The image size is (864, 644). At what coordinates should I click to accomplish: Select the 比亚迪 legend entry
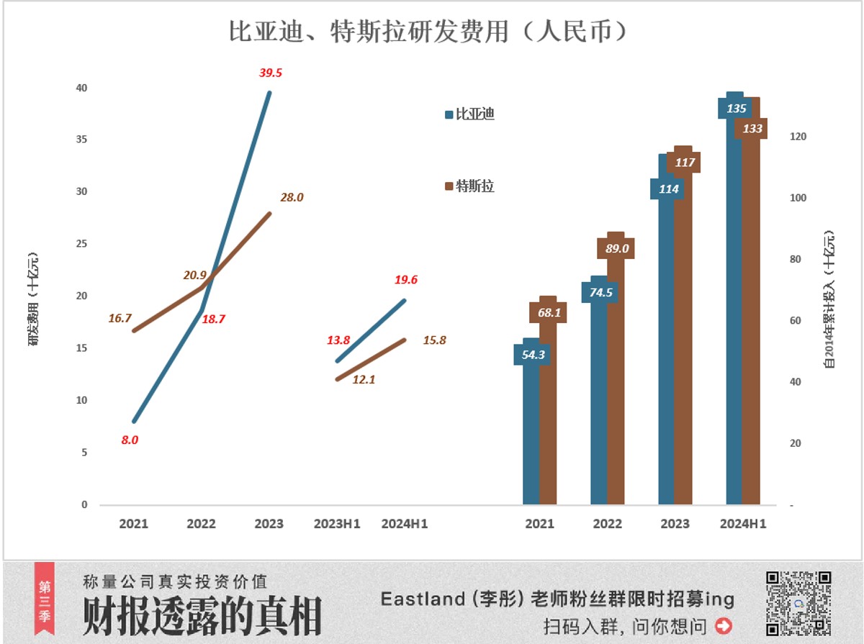(470, 114)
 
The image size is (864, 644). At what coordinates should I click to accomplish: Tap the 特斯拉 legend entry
(470, 186)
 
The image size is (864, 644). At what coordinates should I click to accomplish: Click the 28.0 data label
(292, 197)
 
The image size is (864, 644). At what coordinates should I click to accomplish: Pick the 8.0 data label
(130, 440)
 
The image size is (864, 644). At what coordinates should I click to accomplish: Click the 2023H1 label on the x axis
(337, 524)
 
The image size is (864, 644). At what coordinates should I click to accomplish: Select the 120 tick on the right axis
(798, 137)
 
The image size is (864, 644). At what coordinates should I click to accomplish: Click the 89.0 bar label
(616, 248)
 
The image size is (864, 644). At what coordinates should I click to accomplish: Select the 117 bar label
(684, 163)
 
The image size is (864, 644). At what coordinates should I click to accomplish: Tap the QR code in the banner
(798, 603)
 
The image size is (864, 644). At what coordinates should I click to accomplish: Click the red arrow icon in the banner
(724, 625)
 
